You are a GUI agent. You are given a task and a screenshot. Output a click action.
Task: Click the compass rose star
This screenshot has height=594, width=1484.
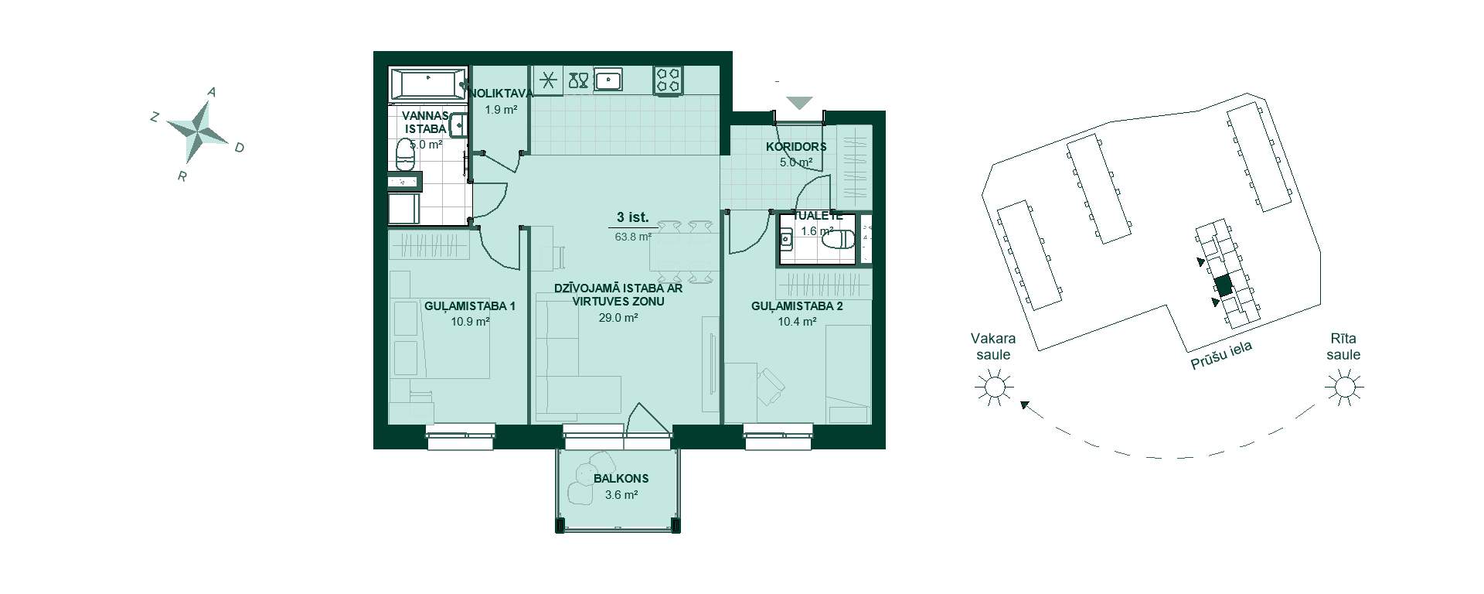pos(198,128)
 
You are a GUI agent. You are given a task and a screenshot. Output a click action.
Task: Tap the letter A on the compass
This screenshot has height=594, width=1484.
pos(212,92)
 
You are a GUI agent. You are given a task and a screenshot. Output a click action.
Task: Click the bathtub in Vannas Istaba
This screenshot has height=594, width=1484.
pos(429,84)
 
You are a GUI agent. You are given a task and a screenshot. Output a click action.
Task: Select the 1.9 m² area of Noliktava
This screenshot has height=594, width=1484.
pos(501,110)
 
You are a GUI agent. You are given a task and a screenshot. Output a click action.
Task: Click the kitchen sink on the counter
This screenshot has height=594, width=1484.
pos(609,80)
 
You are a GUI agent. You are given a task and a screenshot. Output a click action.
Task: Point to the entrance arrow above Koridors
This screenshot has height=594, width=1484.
pos(800,102)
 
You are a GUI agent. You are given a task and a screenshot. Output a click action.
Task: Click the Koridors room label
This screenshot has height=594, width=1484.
pos(796,147)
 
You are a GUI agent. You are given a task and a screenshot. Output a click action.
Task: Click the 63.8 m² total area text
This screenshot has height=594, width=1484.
pos(633,237)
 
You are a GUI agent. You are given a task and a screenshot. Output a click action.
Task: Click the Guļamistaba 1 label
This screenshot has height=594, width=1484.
pos(470,306)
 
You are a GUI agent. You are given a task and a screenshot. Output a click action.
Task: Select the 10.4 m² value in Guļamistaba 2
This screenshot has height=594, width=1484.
pos(797,322)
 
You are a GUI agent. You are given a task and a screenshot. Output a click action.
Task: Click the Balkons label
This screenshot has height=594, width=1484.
pos(621,479)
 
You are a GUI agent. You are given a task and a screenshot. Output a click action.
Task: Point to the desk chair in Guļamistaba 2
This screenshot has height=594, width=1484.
pos(771,385)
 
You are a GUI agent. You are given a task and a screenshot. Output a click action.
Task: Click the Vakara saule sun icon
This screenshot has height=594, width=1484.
pos(993,385)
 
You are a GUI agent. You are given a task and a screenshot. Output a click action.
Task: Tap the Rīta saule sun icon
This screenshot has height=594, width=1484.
pos(1344,385)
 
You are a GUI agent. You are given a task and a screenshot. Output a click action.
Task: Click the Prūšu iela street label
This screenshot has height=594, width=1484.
pos(1220,357)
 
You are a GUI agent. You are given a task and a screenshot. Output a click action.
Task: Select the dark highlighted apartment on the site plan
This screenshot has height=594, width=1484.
pos(1222,285)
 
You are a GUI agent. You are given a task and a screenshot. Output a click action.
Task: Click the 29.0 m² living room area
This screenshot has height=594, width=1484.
pos(618,318)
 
